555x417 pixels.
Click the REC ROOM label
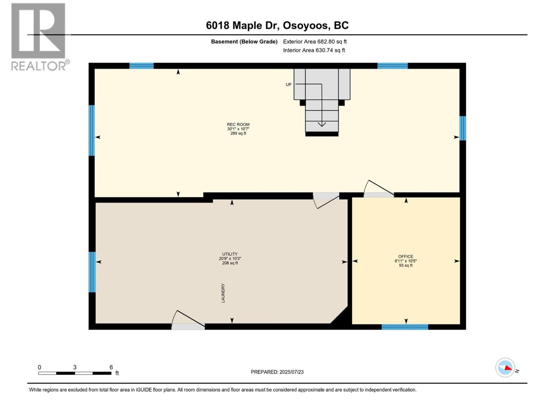(x=238, y=124)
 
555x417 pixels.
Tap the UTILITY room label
(x=230, y=254)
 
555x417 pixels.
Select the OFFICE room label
(x=405, y=256)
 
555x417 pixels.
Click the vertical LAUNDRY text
(x=223, y=293)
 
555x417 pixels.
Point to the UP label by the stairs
(x=288, y=84)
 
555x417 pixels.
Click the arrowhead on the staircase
(x=322, y=124)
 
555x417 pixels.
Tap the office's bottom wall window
(x=405, y=327)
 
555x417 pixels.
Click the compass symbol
(x=505, y=368)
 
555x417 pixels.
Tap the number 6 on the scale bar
(x=111, y=367)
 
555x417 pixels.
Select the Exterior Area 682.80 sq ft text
(x=315, y=42)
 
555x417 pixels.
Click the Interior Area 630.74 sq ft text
(x=314, y=50)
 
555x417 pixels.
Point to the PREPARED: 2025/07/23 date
(x=277, y=372)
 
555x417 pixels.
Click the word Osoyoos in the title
(x=306, y=25)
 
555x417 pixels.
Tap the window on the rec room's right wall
(x=463, y=128)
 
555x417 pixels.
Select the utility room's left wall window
(x=92, y=272)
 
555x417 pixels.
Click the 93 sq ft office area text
(x=405, y=265)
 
